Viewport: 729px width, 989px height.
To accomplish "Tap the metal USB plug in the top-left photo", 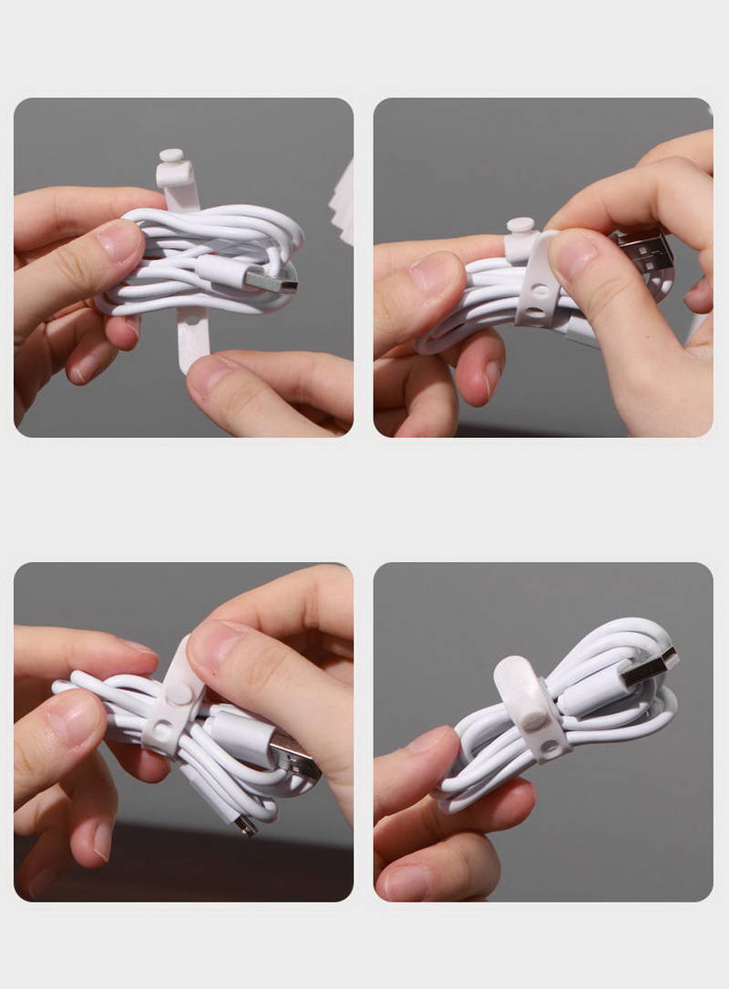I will click(273, 282).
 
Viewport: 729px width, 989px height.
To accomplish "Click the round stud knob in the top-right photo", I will click(520, 226).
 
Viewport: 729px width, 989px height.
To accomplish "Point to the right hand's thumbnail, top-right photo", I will click(574, 255).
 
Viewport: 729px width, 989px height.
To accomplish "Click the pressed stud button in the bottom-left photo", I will click(180, 693).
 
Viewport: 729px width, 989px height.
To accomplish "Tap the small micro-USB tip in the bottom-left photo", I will click(243, 826).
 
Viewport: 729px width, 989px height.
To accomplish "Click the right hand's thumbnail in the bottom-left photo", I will click(216, 643).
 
